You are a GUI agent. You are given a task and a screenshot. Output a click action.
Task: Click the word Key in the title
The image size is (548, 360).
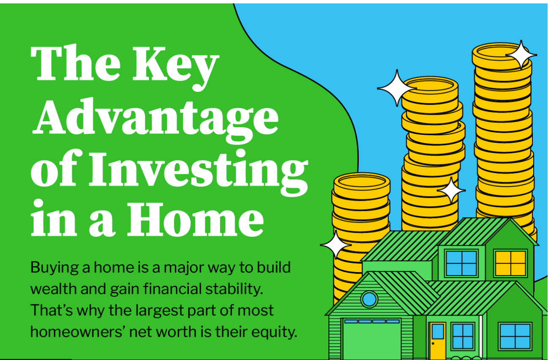175,67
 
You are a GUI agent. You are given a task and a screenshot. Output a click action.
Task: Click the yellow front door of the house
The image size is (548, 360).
438,341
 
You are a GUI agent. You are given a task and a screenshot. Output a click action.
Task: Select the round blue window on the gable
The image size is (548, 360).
369,299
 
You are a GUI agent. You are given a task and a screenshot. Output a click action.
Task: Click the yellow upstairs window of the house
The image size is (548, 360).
510,263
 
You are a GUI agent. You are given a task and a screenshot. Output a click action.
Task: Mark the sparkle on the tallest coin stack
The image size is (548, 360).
521,55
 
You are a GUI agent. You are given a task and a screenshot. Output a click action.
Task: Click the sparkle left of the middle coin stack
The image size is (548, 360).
397,88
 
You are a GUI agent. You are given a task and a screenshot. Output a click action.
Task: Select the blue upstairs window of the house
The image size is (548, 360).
461,263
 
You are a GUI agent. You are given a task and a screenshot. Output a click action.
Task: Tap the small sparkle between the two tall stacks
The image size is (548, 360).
451,190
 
